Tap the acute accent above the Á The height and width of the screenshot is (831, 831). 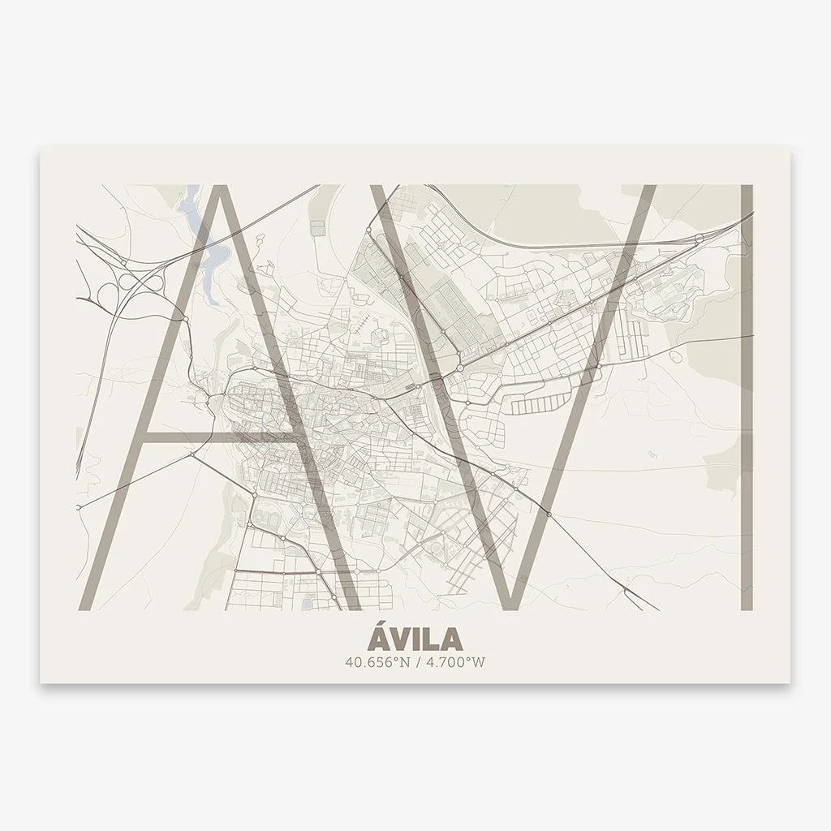pyautogui.click(x=384, y=622)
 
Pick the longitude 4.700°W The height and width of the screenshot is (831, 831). pyautogui.click(x=455, y=661)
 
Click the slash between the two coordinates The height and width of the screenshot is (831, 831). pyautogui.click(x=415, y=661)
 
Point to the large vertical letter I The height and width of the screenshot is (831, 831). pyautogui.click(x=747, y=398)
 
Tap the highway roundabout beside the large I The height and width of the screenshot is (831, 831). pyautogui.click(x=700, y=236)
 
